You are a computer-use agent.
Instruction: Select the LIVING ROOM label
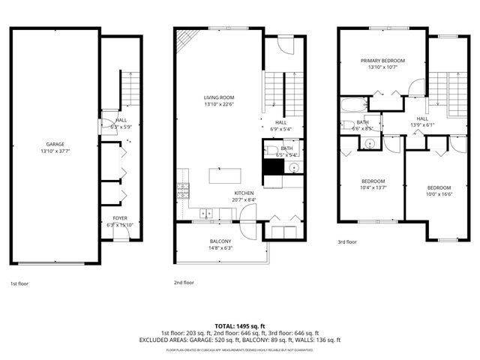[219, 97]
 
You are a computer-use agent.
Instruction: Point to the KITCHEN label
[244, 193]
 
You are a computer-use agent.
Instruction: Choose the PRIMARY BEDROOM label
[382, 61]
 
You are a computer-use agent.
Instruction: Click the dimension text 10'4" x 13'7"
[373, 187]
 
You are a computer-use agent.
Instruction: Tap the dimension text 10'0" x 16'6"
[439, 193]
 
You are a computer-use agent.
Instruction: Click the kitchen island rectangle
[225, 175]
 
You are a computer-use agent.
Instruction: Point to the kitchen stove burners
[181, 190]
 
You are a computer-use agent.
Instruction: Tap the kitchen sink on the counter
[203, 214]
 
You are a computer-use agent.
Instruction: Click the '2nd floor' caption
[183, 283]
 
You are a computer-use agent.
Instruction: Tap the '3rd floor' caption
[348, 242]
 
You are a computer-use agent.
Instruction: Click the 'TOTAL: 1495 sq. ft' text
[239, 325]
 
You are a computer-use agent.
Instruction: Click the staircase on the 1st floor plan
[130, 88]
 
